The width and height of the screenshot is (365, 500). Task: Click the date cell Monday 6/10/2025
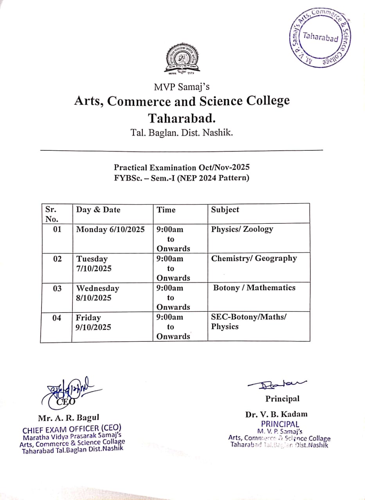click(110, 229)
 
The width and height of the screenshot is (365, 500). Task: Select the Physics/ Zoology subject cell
click(242, 229)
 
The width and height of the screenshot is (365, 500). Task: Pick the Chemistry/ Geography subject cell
click(254, 258)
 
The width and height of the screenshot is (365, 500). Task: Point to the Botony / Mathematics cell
click(254, 288)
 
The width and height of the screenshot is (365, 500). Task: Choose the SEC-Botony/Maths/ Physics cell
click(248, 322)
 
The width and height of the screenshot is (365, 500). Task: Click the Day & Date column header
click(98, 210)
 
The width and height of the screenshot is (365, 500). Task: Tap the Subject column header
click(225, 210)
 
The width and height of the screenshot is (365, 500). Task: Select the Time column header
click(166, 210)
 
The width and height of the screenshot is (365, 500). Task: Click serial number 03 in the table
click(57, 288)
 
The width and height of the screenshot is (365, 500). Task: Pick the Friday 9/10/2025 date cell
click(93, 322)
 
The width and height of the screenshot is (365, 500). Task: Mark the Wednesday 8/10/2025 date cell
click(97, 293)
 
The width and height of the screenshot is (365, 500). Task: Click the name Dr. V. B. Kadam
click(277, 414)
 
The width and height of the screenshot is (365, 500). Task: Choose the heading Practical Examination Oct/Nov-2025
click(182, 168)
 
